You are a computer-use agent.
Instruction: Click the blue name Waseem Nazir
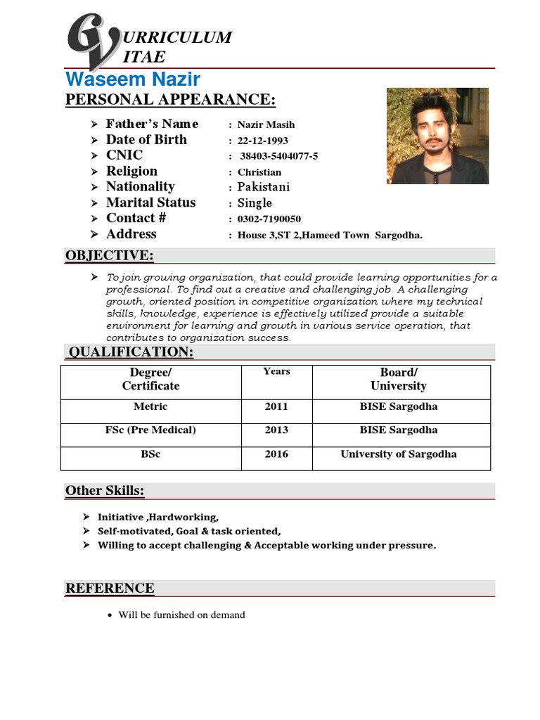pyautogui.click(x=133, y=79)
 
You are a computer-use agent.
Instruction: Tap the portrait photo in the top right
pyautogui.click(x=437, y=136)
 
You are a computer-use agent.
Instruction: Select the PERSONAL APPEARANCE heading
pyautogui.click(x=170, y=100)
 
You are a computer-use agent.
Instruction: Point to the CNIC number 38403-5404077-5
pyautogui.click(x=278, y=156)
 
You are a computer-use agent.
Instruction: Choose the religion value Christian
pyautogui.click(x=259, y=172)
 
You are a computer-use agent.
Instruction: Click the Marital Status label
pyautogui.click(x=150, y=202)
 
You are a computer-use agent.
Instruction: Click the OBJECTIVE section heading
pyautogui.click(x=109, y=255)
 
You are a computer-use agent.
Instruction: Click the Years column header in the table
pyautogui.click(x=276, y=371)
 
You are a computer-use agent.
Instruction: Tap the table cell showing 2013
pyautogui.click(x=276, y=430)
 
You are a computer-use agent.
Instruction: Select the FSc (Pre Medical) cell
pyautogui.click(x=150, y=430)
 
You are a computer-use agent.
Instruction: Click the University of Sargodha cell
pyautogui.click(x=398, y=454)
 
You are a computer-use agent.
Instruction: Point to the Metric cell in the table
pyautogui.click(x=150, y=406)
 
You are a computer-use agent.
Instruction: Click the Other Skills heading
pyautogui.click(x=105, y=490)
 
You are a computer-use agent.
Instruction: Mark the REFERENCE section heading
pyautogui.click(x=110, y=588)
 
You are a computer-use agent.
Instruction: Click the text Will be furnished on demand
pyautogui.click(x=181, y=615)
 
